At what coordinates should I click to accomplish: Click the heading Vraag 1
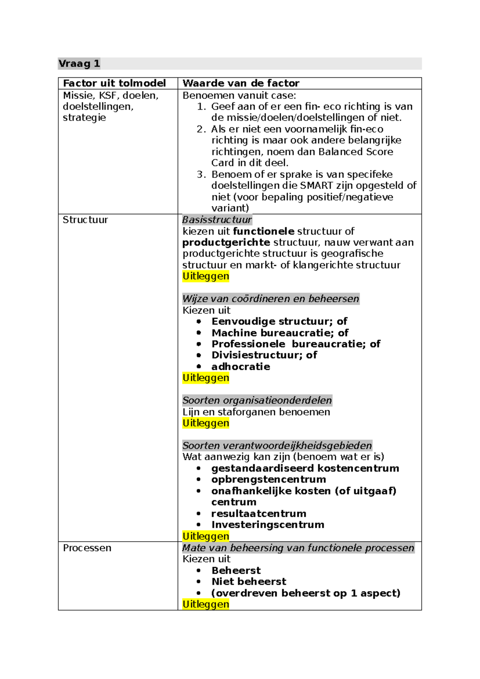(x=79, y=64)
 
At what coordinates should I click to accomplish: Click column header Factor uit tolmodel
(x=114, y=83)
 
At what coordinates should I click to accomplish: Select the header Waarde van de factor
(x=241, y=83)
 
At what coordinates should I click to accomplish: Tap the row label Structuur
(x=85, y=220)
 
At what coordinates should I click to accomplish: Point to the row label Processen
(x=87, y=548)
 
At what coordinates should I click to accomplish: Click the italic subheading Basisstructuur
(x=217, y=220)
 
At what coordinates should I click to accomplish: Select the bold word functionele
(x=263, y=231)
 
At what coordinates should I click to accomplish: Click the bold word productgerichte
(x=226, y=243)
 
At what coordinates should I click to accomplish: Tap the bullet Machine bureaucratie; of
(x=280, y=333)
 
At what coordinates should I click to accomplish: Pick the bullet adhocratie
(x=240, y=367)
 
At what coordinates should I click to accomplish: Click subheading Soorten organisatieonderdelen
(x=257, y=400)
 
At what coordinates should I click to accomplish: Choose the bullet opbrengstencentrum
(x=268, y=480)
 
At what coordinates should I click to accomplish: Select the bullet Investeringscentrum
(x=268, y=525)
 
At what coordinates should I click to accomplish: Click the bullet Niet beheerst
(x=249, y=582)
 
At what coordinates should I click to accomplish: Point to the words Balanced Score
(x=356, y=152)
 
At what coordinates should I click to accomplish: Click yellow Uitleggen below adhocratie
(x=206, y=378)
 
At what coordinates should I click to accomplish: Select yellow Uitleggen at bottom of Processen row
(x=206, y=605)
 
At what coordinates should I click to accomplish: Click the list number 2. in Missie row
(x=201, y=129)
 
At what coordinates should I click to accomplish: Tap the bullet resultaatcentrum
(x=258, y=514)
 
